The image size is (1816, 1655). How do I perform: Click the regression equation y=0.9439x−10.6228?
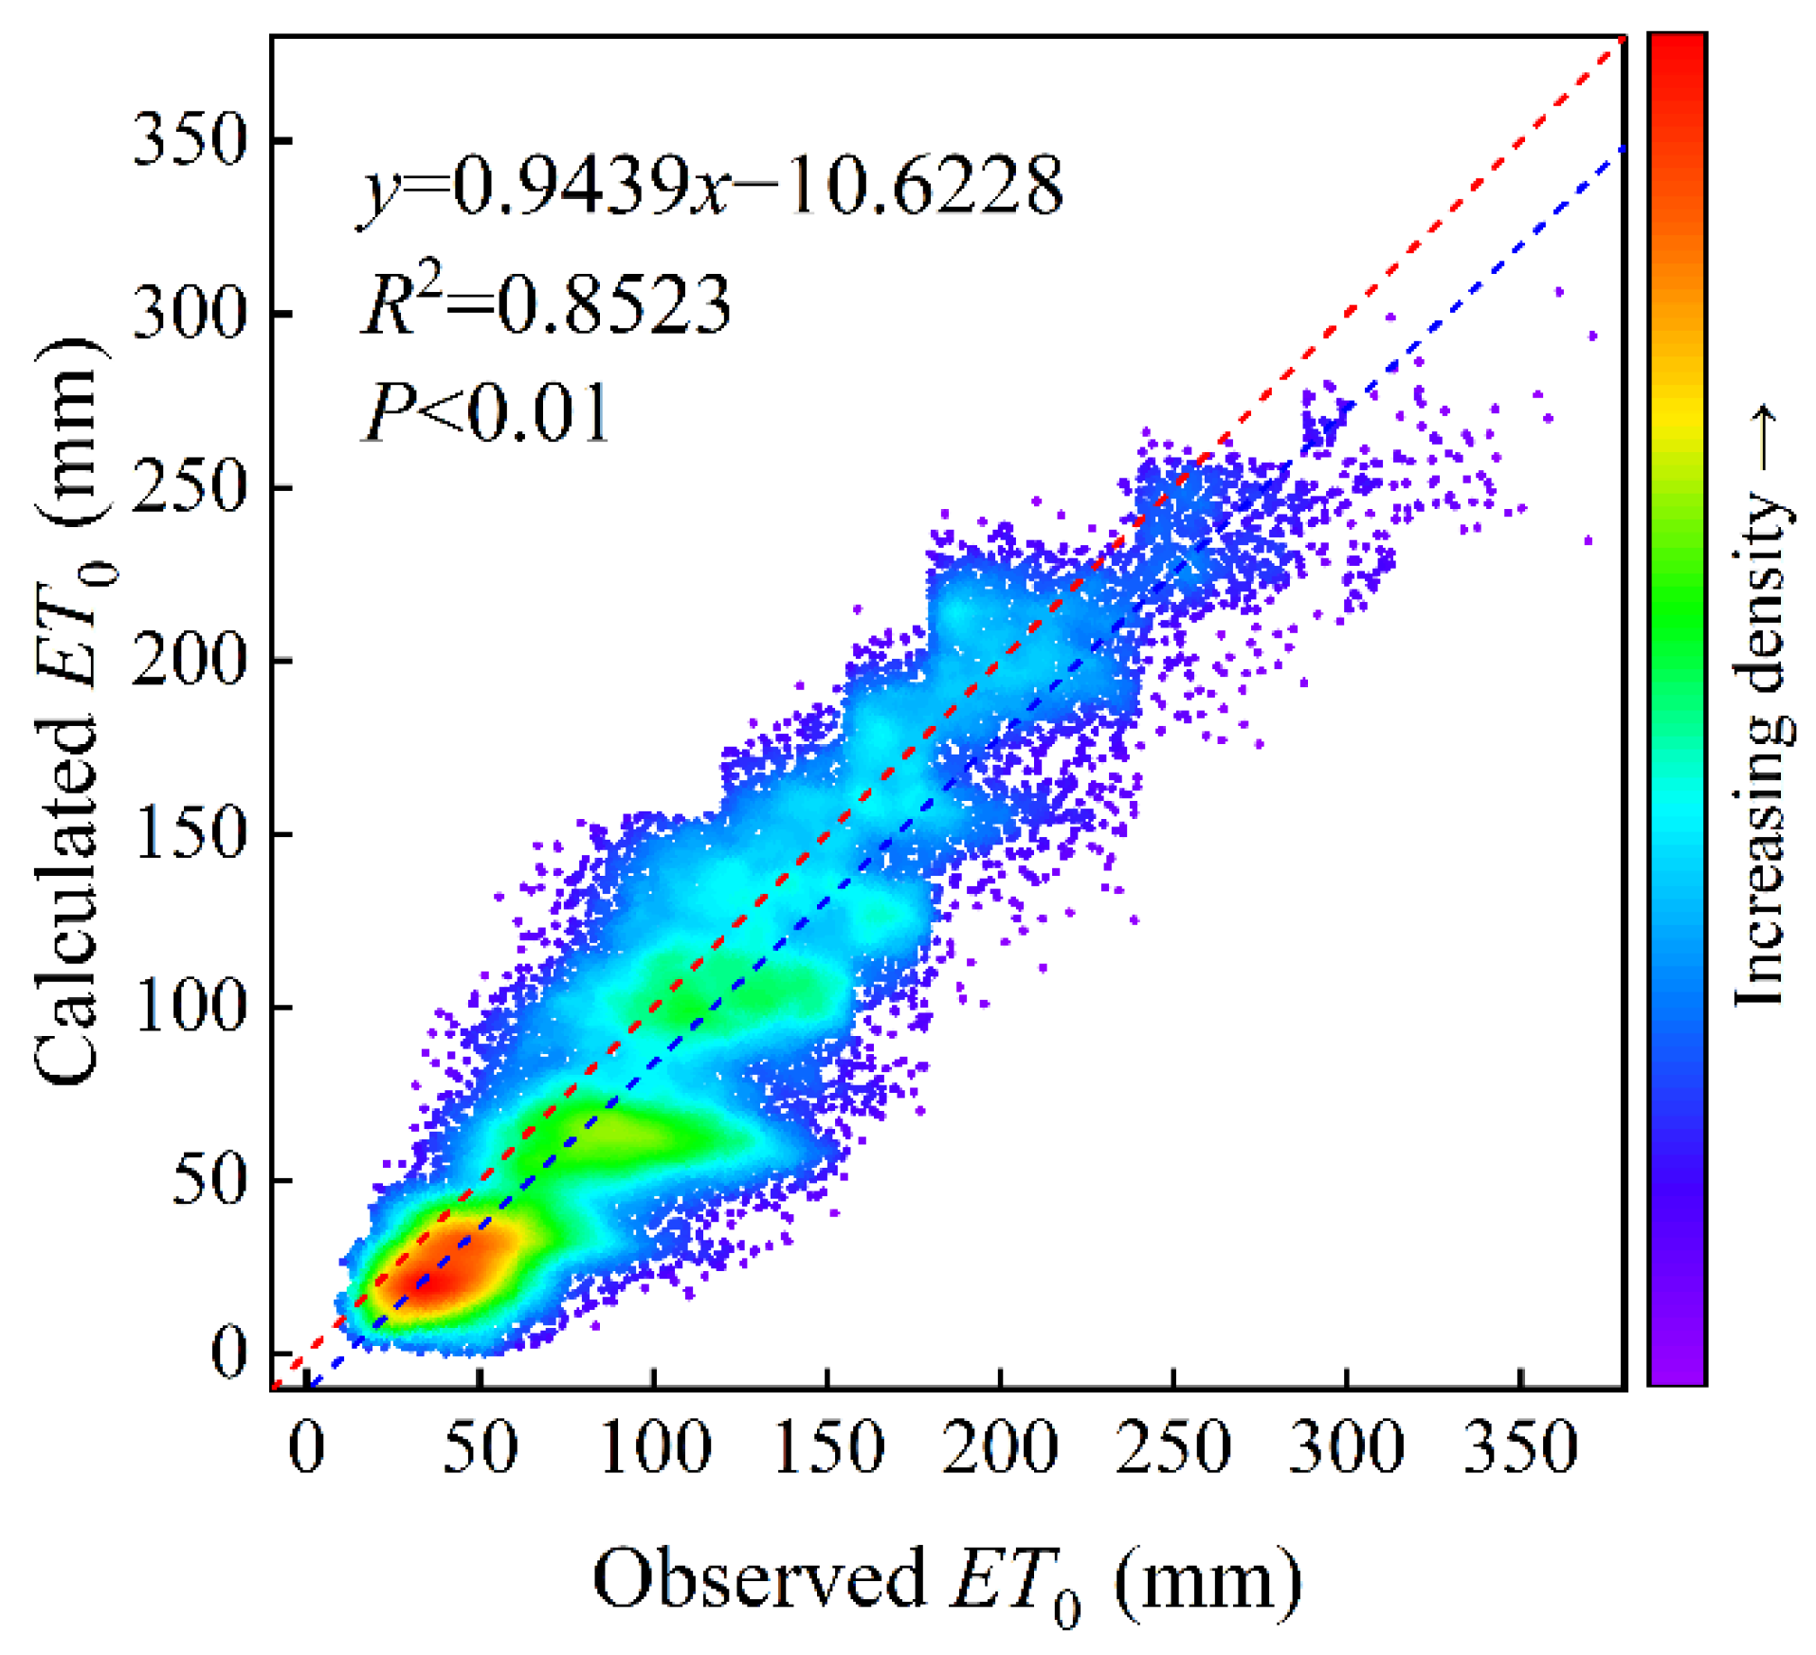click(x=711, y=187)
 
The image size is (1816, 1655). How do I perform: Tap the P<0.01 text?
click(x=486, y=412)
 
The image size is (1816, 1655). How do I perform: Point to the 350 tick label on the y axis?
click(x=189, y=140)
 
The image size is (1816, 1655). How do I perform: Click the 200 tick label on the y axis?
click(x=189, y=661)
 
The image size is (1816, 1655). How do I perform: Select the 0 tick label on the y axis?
click(x=228, y=1353)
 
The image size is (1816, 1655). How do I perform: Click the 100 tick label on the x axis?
click(x=654, y=1447)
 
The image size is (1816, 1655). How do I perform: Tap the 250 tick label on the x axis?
click(x=1173, y=1447)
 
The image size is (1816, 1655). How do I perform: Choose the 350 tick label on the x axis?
click(x=1520, y=1447)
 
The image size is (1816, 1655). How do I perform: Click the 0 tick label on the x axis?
click(x=307, y=1447)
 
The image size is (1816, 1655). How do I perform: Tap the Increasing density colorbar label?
click(x=1761, y=706)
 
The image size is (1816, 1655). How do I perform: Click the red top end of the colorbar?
click(x=1676, y=47)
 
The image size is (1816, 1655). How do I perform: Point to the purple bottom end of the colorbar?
click(x=1676, y=1373)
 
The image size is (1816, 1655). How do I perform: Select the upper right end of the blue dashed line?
click(x=1623, y=149)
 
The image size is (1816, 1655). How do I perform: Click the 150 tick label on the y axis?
click(x=189, y=834)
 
